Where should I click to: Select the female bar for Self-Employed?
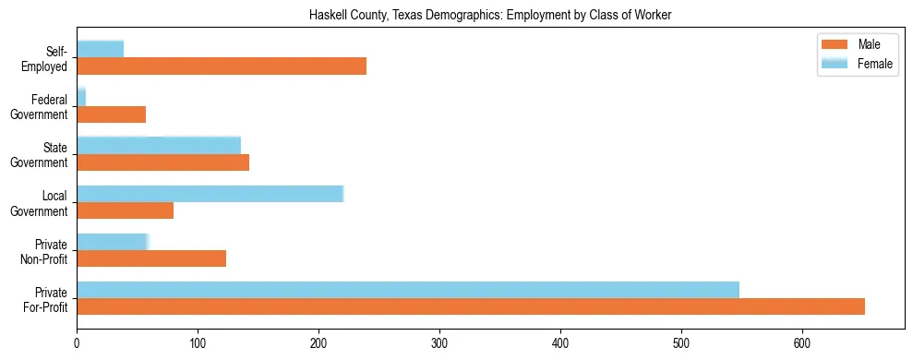click(x=101, y=49)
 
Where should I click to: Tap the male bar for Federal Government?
click(x=112, y=114)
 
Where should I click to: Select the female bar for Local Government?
click(x=210, y=193)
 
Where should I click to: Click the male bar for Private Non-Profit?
click(x=151, y=259)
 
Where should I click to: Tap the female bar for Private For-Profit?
click(x=408, y=290)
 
